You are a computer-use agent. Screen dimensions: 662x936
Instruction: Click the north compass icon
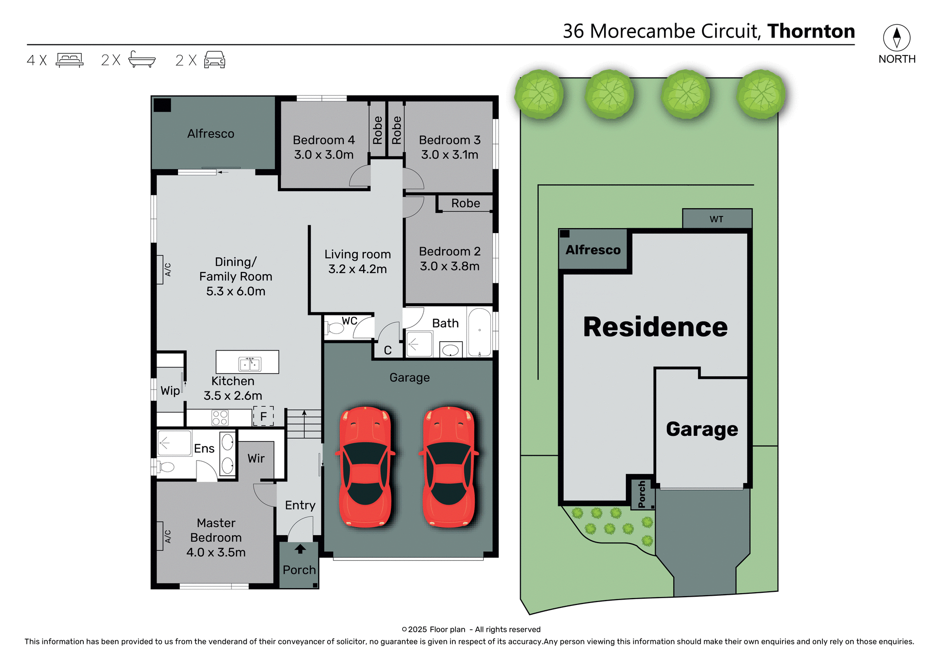[x=896, y=38]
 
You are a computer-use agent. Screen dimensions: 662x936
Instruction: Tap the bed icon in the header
[x=70, y=60]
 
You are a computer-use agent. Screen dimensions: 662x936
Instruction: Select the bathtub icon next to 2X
[x=142, y=59]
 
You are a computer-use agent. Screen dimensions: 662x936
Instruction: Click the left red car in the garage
[x=365, y=467]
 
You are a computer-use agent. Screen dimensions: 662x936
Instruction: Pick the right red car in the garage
[x=449, y=467]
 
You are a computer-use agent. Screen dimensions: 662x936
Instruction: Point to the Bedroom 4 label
[x=324, y=140]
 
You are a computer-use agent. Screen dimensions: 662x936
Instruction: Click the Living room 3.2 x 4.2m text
[x=357, y=261]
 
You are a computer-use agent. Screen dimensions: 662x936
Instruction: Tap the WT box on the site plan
[x=717, y=219]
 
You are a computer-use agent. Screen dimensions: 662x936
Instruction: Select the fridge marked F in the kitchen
[x=263, y=416]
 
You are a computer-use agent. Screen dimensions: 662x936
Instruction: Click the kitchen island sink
[x=250, y=364]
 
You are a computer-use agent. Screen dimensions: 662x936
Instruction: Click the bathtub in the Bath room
[x=480, y=332]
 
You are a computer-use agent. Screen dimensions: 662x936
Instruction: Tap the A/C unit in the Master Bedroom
[x=160, y=536]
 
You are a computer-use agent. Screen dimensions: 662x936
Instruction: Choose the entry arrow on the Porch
[x=300, y=549]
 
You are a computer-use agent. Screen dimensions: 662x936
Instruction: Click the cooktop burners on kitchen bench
[x=220, y=418]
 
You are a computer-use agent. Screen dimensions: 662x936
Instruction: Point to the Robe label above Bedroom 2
[x=465, y=203]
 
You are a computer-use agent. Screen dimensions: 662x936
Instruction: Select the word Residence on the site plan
[x=655, y=327]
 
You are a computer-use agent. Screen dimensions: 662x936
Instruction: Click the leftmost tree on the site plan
[x=539, y=94]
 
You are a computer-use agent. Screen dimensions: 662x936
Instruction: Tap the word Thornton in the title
[x=811, y=31]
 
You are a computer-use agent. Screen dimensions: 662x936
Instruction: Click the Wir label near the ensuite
[x=256, y=458]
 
